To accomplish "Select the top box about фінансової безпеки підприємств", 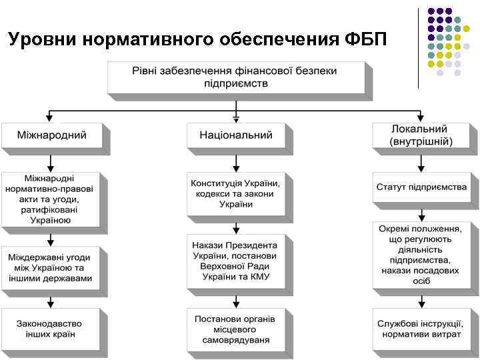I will coord(236,77).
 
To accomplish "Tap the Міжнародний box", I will coord(52,135).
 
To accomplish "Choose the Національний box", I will coord(236,135).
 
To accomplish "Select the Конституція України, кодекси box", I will coord(236,193).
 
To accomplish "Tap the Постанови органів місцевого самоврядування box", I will coord(236,329).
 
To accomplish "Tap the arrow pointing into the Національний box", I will coord(236,115).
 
